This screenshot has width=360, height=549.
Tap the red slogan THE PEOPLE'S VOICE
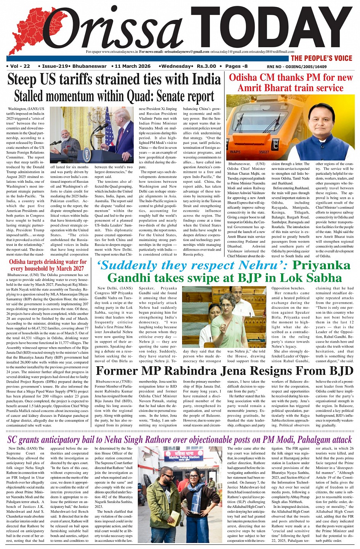[x=321, y=58]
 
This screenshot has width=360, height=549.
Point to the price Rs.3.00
[x=206, y=66]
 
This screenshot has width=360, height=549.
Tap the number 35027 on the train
[x=264, y=152]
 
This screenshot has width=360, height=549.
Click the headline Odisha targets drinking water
[x=48, y=265]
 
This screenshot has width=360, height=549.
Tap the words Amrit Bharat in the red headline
[x=263, y=88]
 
